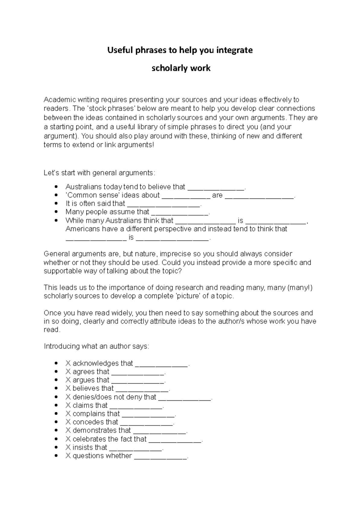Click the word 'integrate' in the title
(234, 50)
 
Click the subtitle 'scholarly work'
(181, 68)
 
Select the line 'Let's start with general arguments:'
(99, 173)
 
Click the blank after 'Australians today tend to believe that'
(216, 188)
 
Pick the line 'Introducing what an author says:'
(96, 346)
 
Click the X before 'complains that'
(68, 414)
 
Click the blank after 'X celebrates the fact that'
(175, 440)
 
